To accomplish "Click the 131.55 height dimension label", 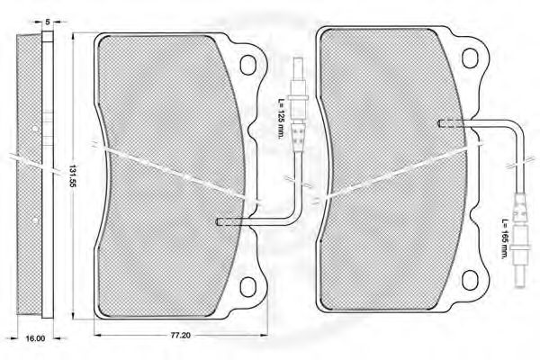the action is pos(73,175).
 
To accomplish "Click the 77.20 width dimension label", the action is pos(180,335).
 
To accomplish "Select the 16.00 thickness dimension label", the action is pos(35,338).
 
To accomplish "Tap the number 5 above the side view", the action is pos(48,22).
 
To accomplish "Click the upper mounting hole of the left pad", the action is pos(248,65).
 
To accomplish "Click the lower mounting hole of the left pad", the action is pos(248,286).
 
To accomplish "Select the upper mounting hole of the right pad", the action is pos(470,58).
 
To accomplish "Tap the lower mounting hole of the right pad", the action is pos(470,280).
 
